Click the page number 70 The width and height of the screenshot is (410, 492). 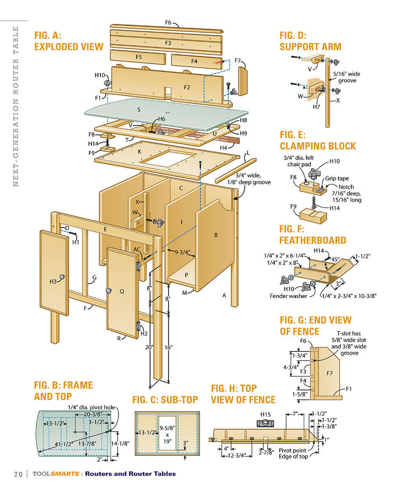(18, 474)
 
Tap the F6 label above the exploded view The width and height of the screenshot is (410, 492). (168, 22)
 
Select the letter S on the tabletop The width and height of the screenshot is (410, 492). (139, 109)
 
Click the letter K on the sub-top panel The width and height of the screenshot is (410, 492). (139, 151)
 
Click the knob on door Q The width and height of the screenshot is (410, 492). (109, 291)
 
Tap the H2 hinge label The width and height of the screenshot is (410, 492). (144, 333)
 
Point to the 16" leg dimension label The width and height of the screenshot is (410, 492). (168, 347)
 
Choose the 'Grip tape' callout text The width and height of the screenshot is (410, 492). (337, 179)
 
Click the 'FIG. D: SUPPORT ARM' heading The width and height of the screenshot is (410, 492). (310, 41)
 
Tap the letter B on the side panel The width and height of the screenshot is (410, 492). (216, 235)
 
